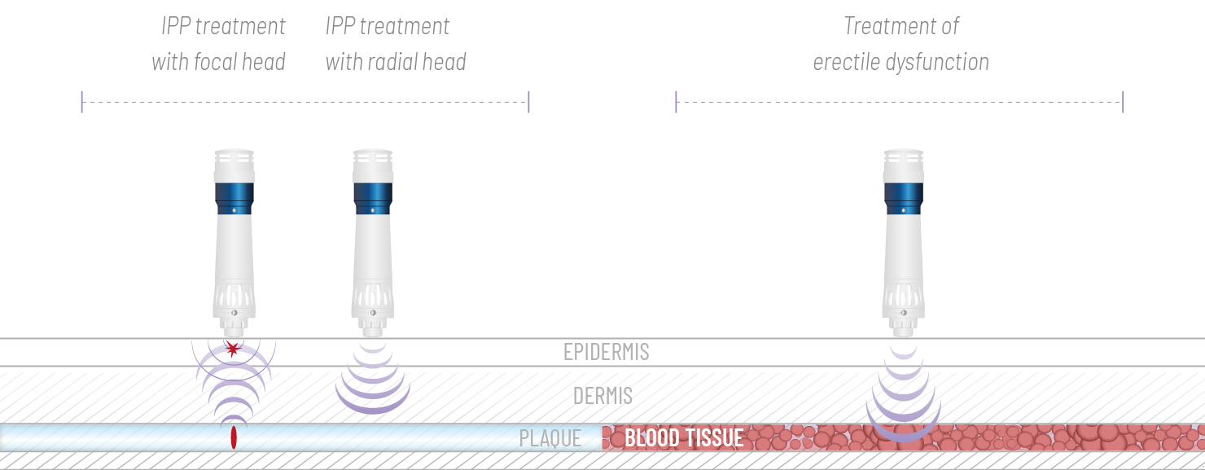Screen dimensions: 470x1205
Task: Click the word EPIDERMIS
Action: click(x=607, y=352)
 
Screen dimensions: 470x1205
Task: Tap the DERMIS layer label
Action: click(x=602, y=396)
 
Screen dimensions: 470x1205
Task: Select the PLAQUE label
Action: click(x=550, y=438)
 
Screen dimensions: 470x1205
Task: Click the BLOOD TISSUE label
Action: click(x=684, y=438)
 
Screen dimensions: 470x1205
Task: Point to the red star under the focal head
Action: click(x=234, y=350)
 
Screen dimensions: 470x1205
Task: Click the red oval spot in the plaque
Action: click(x=234, y=437)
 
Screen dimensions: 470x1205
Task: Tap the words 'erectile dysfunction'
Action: click(x=901, y=62)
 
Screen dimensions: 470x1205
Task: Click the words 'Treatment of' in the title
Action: click(x=901, y=26)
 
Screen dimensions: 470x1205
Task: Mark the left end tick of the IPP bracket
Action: click(x=81, y=102)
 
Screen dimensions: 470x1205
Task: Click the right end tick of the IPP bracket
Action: click(x=529, y=102)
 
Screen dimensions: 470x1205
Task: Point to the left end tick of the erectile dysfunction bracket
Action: click(x=676, y=102)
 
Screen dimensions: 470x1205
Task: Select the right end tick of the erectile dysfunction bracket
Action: click(x=1123, y=102)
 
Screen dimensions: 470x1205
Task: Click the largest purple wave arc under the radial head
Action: click(x=373, y=407)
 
